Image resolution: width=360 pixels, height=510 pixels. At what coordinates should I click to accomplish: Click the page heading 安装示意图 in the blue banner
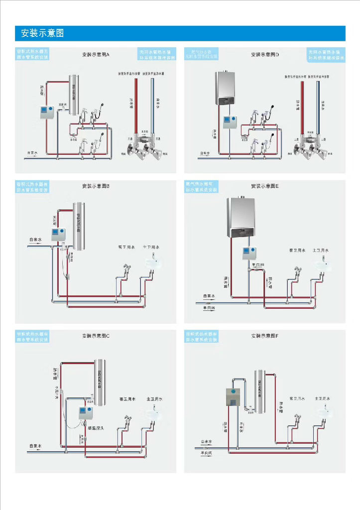[42, 34]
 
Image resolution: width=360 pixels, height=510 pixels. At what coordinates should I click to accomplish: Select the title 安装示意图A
[95, 54]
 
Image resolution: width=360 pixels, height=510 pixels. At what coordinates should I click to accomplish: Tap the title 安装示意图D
[265, 54]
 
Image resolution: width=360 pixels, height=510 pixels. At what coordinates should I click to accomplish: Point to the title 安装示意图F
[265, 336]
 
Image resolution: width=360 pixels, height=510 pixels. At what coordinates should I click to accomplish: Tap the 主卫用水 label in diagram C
[155, 399]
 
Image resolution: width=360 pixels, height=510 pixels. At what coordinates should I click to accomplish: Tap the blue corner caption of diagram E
[201, 187]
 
